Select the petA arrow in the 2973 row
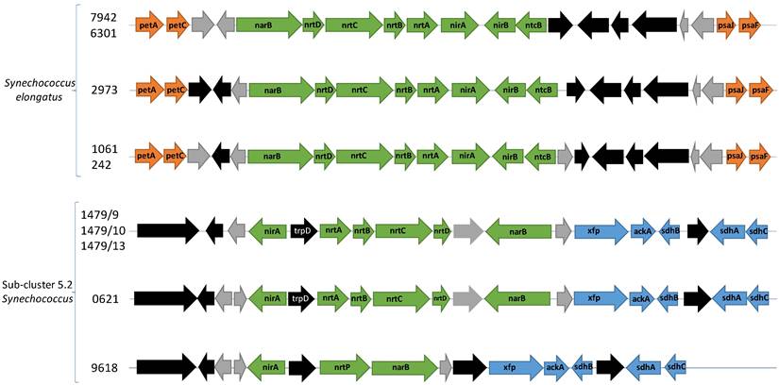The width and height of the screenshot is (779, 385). point(147,91)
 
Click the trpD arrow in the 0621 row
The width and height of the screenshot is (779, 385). point(301,299)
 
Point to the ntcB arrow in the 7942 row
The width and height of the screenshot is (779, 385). point(533,25)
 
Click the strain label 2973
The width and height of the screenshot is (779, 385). point(104,91)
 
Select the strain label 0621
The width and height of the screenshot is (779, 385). point(104,299)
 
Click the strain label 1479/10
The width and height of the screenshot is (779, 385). point(111,230)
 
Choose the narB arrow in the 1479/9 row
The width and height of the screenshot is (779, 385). point(517,230)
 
